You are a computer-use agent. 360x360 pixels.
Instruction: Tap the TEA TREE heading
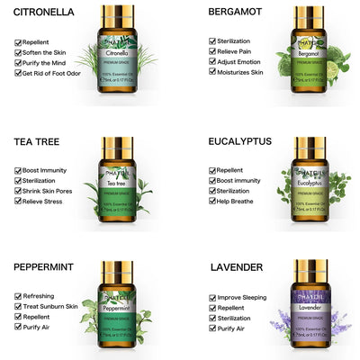[40, 141]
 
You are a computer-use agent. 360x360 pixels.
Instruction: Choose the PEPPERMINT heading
[49, 267]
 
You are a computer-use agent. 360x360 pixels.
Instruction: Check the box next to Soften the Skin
[19, 52]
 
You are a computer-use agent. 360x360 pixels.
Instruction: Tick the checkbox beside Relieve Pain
[212, 50]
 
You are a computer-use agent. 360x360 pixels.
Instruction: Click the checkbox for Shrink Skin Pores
[19, 191]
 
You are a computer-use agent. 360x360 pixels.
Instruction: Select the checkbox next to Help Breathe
[212, 201]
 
